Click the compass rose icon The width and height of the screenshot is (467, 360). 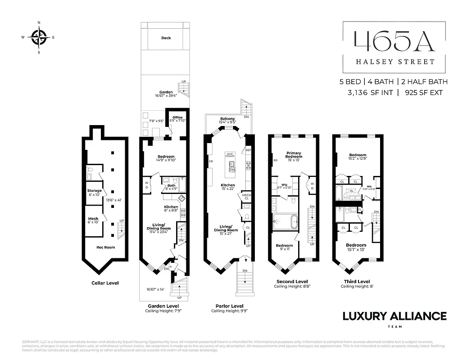39,37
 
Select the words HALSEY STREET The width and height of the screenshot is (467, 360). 389,62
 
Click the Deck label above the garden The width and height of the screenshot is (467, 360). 166,38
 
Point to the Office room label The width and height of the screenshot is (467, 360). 177,117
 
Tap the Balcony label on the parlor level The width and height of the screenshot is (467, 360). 227,119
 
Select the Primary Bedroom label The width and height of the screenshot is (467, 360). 294,155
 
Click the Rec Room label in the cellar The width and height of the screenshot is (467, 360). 106,247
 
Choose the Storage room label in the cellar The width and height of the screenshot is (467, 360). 95,191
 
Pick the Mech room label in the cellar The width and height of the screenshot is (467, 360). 93,219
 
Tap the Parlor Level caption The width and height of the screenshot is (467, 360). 229,306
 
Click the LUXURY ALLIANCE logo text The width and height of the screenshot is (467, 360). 394,316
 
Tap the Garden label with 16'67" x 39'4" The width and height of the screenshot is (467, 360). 166,92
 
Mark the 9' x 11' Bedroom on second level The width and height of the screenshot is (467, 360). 284,246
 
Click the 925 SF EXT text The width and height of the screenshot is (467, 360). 423,93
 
